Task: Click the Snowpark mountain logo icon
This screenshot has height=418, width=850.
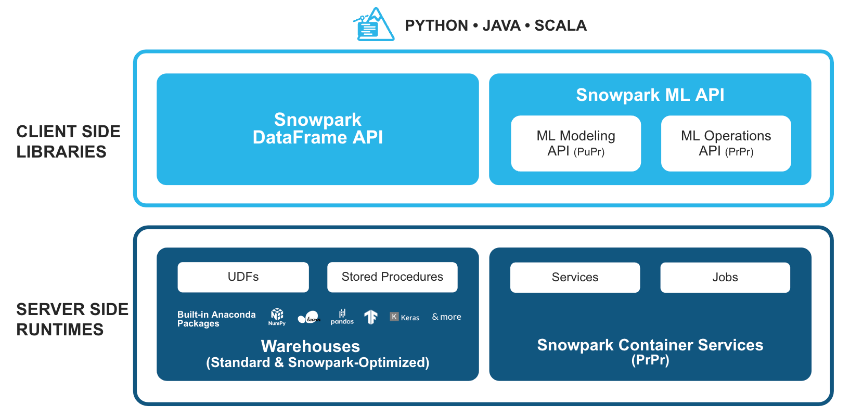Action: tap(374, 25)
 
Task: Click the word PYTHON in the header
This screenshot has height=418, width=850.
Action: tap(436, 25)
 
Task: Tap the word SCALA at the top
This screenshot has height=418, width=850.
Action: tap(560, 25)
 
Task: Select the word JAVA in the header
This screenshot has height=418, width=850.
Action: tap(501, 25)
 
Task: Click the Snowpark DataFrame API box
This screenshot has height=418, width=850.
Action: tap(317, 129)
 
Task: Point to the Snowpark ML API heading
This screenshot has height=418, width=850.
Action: tap(650, 95)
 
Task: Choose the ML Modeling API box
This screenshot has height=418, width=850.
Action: tap(576, 143)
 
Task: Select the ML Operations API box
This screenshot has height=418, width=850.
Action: tap(726, 143)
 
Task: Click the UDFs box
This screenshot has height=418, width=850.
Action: tap(243, 277)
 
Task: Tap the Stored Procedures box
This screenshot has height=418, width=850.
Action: tap(392, 277)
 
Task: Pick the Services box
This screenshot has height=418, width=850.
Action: tap(575, 278)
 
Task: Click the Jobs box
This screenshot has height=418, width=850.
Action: tap(725, 278)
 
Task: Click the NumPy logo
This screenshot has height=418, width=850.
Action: tap(277, 316)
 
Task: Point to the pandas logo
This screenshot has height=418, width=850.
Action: tap(342, 317)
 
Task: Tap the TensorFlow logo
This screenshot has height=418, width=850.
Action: tap(370, 317)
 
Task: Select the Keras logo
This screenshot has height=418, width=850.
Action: tap(404, 317)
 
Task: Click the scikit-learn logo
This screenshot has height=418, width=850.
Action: tap(309, 317)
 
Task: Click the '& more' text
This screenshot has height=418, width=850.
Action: tap(446, 317)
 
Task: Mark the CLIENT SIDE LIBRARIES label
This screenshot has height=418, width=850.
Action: tap(68, 141)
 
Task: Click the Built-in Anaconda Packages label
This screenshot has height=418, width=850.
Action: tap(216, 319)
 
